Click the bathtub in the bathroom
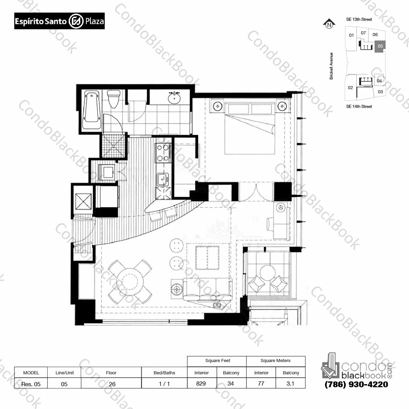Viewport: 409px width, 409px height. click(91, 110)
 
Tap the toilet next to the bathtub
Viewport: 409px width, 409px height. click(114, 99)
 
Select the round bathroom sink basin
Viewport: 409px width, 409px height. click(174, 98)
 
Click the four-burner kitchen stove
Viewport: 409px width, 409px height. click(163, 152)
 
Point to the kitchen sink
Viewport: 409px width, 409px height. click(163, 180)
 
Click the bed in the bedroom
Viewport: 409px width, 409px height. click(250, 128)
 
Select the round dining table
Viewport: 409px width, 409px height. click(130, 282)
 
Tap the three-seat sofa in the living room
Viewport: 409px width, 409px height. click(208, 289)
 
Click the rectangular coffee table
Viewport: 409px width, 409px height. click(207, 258)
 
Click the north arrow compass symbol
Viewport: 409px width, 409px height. click(329, 24)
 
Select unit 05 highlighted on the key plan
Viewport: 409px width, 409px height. click(380, 47)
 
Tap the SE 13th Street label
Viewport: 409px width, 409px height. click(359, 19)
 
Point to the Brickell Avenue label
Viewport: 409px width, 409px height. click(331, 66)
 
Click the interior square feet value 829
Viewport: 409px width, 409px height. click(201, 383)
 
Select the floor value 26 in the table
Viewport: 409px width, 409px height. click(112, 384)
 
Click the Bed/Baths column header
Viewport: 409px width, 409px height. click(164, 373)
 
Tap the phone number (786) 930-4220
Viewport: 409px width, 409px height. click(356, 385)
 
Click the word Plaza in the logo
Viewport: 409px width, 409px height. click(95, 21)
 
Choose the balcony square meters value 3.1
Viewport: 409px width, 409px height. click(290, 383)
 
